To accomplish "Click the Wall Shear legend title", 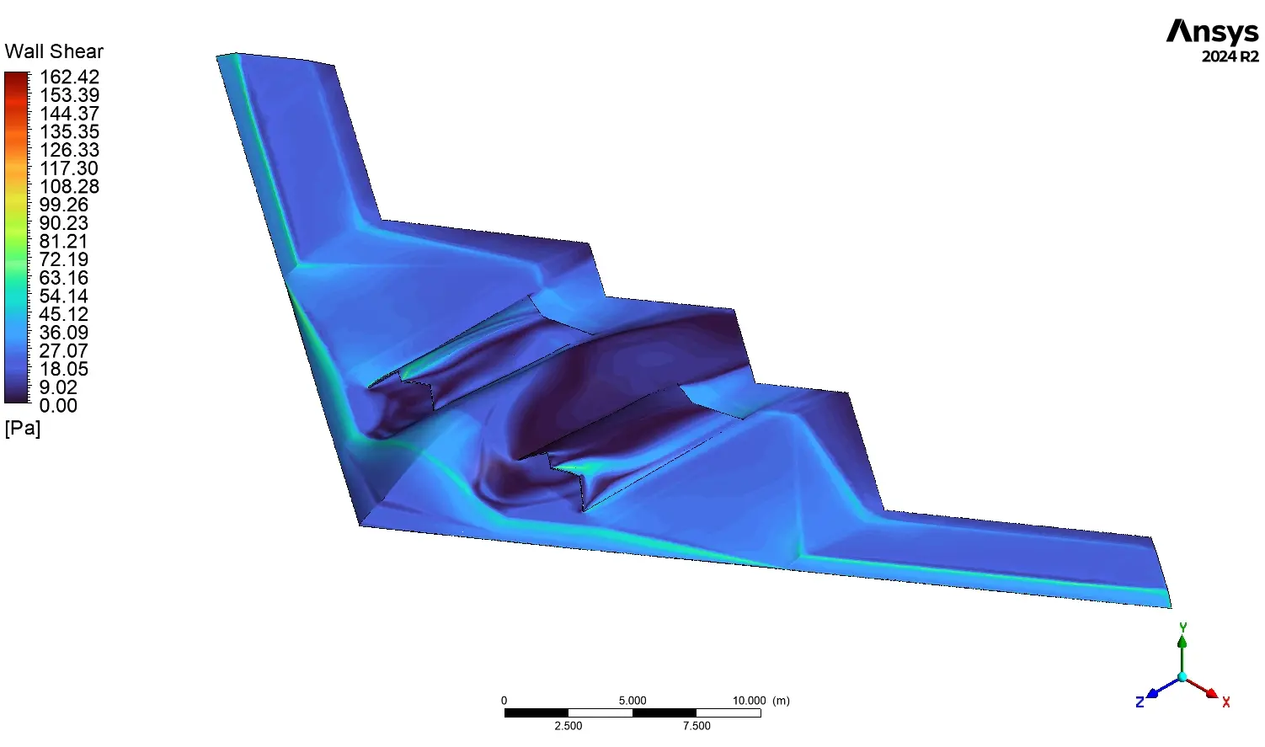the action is pyautogui.click(x=54, y=51).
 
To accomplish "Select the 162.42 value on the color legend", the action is pyautogui.click(x=69, y=77).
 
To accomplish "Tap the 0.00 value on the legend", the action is pyautogui.click(x=58, y=405).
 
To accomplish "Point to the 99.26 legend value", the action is pyautogui.click(x=64, y=205).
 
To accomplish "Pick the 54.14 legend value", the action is pyautogui.click(x=64, y=296).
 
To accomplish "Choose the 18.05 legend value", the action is pyautogui.click(x=64, y=369).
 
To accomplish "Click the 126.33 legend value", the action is pyautogui.click(x=69, y=150).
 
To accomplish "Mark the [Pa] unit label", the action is pyautogui.click(x=23, y=428).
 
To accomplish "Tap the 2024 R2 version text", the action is pyautogui.click(x=1230, y=56).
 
